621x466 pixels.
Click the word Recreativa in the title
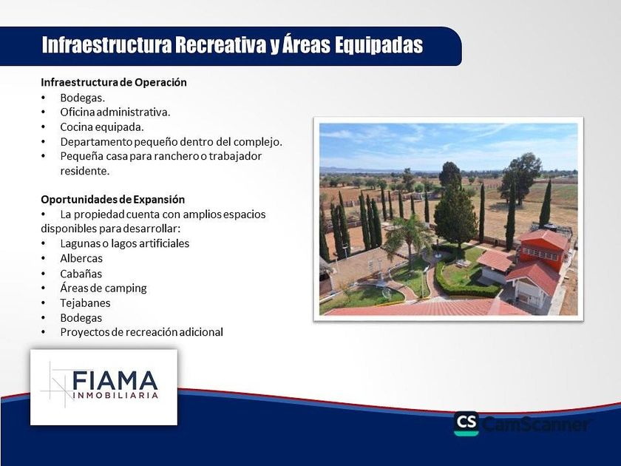click(x=220, y=45)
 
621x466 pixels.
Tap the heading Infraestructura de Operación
click(x=114, y=82)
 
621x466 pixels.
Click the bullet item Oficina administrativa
click(x=115, y=112)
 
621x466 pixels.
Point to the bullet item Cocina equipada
click(x=102, y=127)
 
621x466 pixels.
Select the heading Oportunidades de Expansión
click(x=113, y=199)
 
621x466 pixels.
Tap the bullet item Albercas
click(x=81, y=258)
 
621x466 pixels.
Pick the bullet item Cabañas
click(x=81, y=274)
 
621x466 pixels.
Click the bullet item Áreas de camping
click(x=103, y=288)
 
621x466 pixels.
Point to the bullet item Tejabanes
click(x=85, y=303)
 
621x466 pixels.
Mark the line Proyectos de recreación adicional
click(x=141, y=332)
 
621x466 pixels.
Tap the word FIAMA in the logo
click(x=115, y=380)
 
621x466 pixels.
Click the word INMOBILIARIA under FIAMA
click(x=115, y=395)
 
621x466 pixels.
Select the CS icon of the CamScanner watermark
click(x=466, y=424)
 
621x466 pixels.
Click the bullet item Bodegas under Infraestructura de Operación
click(x=82, y=98)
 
